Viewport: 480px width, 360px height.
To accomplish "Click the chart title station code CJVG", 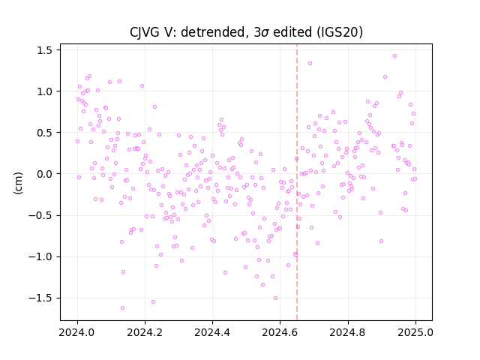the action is [145, 32].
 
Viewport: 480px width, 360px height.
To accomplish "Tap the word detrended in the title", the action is [214, 32].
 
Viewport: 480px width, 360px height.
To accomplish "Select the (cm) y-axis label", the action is [18, 183].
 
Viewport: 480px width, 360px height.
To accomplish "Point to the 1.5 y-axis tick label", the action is [44, 50].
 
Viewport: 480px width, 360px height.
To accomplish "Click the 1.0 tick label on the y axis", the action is [44, 91].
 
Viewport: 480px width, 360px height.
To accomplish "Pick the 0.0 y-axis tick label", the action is [44, 174].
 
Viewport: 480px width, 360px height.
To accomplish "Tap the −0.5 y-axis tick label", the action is [40, 215].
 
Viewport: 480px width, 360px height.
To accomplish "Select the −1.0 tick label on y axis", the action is [40, 256].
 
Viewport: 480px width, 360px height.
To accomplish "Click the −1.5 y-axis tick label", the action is [40, 298].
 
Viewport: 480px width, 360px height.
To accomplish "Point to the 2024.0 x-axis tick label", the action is [77, 332].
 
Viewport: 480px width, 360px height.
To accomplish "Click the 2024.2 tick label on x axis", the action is [145, 332].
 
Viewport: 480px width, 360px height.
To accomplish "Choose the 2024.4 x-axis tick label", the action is [212, 332].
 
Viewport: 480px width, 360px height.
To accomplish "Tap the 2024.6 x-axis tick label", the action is [280, 332].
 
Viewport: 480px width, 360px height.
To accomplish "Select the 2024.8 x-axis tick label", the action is [348, 332].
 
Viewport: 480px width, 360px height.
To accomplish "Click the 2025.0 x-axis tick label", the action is [415, 332].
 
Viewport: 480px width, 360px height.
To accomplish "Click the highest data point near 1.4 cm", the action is [395, 56].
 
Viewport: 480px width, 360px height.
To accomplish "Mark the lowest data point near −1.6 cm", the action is [122, 308].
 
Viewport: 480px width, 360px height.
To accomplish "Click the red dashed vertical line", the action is [297, 182].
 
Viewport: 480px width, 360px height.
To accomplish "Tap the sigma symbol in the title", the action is [265, 33].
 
